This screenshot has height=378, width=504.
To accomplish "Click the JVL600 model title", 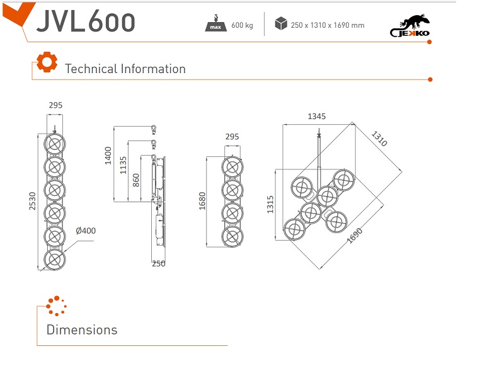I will (x=86, y=21).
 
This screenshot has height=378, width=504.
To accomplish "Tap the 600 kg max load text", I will (x=242, y=25).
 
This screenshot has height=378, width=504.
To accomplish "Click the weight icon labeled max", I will (x=216, y=24).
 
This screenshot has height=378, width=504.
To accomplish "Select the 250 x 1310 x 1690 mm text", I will (x=328, y=25).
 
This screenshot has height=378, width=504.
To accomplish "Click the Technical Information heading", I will (x=125, y=69).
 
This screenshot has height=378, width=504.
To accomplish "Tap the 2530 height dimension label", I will (x=32, y=201).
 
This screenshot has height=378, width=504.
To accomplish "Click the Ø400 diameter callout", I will (x=86, y=231).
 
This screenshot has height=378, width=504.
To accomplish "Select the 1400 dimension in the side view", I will (x=108, y=154).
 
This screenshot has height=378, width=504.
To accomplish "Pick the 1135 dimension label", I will (x=123, y=164).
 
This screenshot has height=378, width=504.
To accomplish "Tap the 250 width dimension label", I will (x=158, y=263).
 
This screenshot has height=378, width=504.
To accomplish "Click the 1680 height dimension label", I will (x=202, y=201).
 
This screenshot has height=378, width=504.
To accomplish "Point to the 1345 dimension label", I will (x=316, y=117).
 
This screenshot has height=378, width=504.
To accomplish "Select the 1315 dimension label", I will (x=270, y=204).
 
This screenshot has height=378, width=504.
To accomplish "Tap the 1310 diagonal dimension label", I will (x=379, y=139).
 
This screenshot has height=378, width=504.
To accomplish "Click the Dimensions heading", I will (x=82, y=329).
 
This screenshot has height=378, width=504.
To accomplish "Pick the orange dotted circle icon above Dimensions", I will (x=56, y=306).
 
